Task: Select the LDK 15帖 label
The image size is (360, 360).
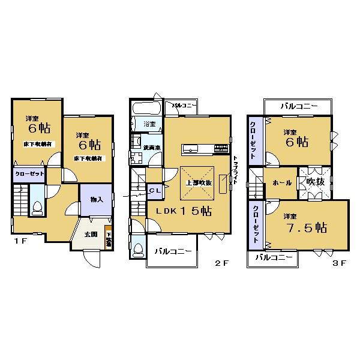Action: tap(184, 211)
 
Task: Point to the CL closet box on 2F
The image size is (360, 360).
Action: tap(154, 191)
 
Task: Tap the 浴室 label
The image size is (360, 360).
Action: tap(149, 124)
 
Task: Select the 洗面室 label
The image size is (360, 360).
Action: tap(151, 147)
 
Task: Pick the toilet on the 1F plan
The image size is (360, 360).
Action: tap(37, 208)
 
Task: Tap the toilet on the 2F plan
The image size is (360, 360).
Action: tap(138, 249)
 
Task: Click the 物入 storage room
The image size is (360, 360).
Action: tap(96, 200)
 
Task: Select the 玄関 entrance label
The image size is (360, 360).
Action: tap(90, 234)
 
